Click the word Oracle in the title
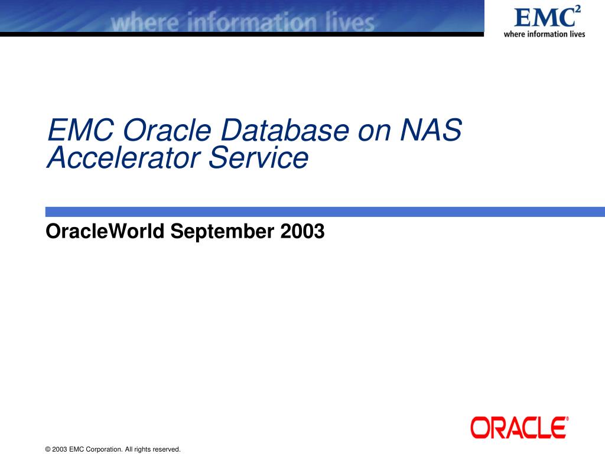click(x=167, y=129)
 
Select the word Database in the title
click(x=285, y=129)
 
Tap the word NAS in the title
click(x=431, y=129)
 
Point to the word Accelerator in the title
click(x=123, y=157)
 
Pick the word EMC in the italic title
click(x=80, y=129)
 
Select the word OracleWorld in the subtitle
click(x=105, y=231)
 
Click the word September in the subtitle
click(x=222, y=232)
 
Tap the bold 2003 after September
click(x=302, y=231)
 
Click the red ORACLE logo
click(x=519, y=427)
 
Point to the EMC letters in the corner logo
click(x=544, y=18)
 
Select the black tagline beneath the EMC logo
click(x=544, y=34)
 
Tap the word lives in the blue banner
click(x=350, y=22)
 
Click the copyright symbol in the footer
click(x=48, y=449)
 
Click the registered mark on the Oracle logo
click(x=567, y=419)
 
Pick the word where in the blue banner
click(x=145, y=22)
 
